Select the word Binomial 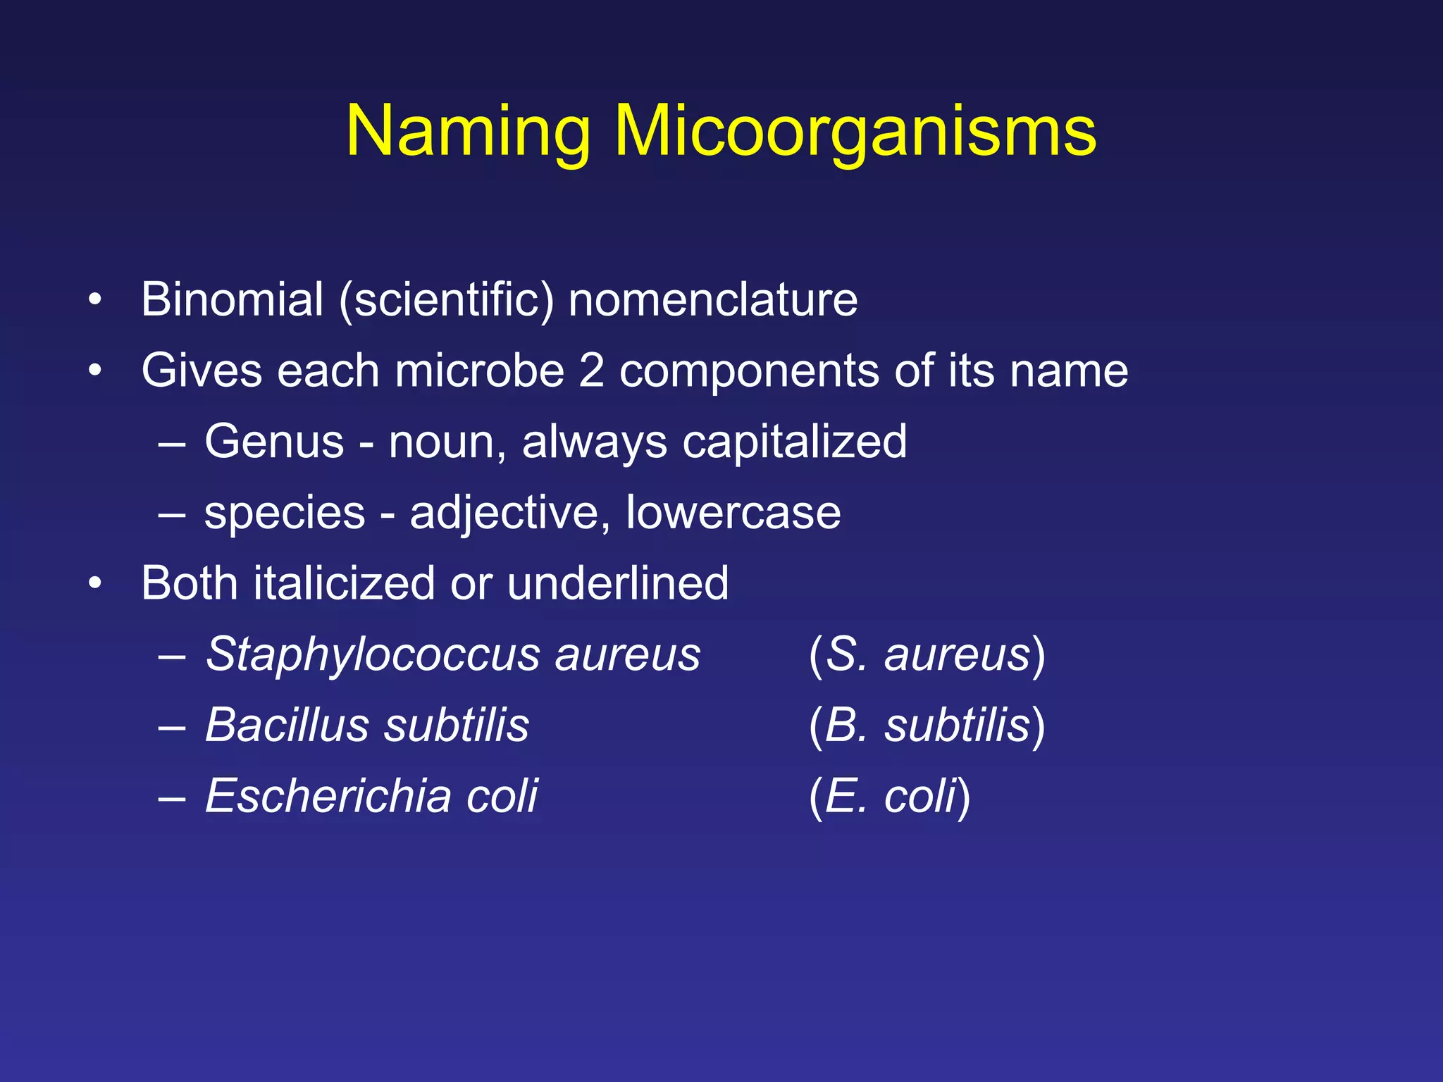[x=232, y=299]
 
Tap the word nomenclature [x=712, y=299]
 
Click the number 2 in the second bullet [x=591, y=371]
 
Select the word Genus [x=274, y=442]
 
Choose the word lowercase [x=733, y=512]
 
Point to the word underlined [x=617, y=583]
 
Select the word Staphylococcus [x=372, y=655]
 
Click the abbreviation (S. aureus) [x=927, y=655]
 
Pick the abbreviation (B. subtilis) [x=927, y=726]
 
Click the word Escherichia [x=328, y=796]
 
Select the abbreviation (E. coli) [x=889, y=797]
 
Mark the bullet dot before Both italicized [x=95, y=584]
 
